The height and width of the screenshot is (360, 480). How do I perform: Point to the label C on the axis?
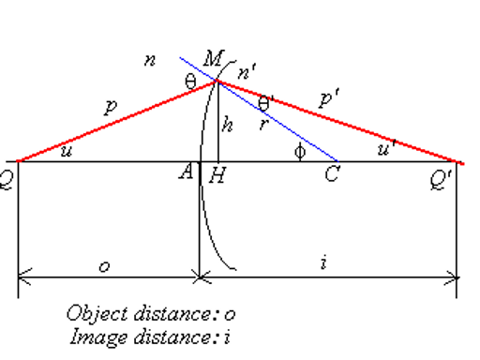(x=331, y=175)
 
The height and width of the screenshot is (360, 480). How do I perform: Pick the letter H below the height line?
(x=217, y=173)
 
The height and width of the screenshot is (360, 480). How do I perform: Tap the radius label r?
(x=264, y=121)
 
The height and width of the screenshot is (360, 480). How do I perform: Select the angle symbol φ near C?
(x=299, y=151)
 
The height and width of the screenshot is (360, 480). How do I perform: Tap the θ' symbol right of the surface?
(x=266, y=101)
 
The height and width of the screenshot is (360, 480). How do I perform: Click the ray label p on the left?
(x=110, y=109)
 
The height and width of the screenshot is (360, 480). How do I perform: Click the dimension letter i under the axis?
(x=322, y=264)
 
